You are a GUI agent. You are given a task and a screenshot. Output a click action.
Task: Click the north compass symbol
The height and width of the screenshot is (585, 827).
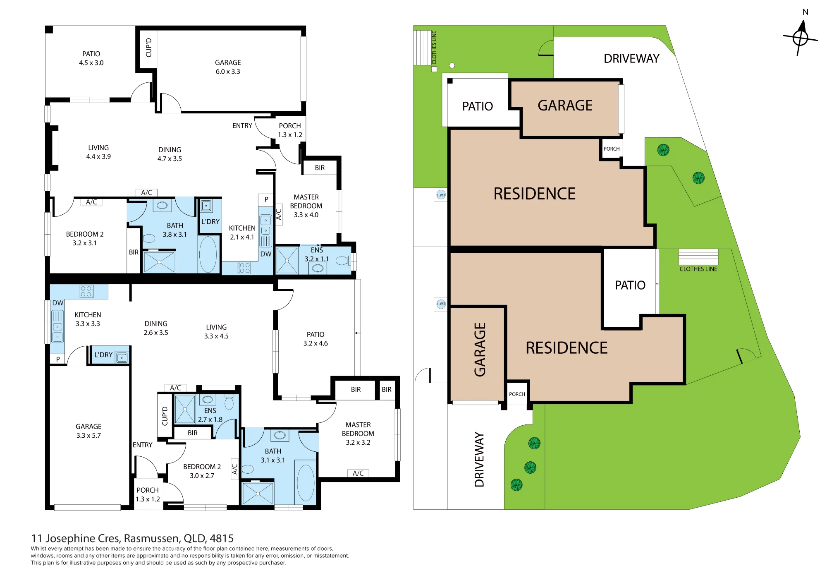coord(801,38)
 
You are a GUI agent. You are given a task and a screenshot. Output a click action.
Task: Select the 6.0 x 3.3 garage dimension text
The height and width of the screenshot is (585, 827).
coord(228,72)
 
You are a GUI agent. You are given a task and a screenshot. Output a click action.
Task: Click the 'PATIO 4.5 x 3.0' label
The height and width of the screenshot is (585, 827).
coord(91,58)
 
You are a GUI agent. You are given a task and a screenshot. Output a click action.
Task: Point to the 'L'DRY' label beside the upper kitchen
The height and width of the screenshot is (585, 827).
coord(210,222)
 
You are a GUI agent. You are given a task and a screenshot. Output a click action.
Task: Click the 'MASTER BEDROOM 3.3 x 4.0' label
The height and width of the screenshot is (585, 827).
coord(306,206)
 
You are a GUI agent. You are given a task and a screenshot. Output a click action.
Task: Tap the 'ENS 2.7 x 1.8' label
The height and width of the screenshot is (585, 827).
coord(210,415)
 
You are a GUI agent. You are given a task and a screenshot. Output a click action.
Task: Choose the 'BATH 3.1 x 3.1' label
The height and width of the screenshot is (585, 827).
coord(273,456)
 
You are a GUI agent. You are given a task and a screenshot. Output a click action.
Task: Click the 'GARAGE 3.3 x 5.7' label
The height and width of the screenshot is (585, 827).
coord(88,431)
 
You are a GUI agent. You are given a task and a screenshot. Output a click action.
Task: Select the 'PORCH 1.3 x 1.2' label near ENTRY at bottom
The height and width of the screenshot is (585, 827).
coord(148,494)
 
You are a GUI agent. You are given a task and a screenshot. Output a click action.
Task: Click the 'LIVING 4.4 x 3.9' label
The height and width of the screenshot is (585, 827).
coord(98,152)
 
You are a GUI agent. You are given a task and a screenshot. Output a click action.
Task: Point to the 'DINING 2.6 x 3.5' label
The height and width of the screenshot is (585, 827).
coord(156,328)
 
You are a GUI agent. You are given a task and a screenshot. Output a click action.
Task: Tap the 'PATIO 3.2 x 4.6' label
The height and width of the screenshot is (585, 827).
coord(316,339)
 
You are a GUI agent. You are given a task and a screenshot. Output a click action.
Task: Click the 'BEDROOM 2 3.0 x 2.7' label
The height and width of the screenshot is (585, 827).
coord(202,471)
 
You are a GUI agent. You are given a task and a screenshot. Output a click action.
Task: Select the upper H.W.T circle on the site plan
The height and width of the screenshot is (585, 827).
coord(441,195)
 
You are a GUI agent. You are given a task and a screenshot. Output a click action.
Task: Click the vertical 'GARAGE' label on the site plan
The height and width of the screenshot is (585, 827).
coord(480,350)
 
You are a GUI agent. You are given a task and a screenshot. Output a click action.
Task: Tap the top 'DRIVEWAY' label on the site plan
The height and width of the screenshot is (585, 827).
coord(631,59)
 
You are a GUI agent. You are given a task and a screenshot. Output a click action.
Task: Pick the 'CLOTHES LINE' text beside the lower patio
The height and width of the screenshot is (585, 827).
coord(698,269)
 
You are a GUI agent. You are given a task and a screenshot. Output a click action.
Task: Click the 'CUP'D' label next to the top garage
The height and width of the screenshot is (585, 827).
coord(149,48)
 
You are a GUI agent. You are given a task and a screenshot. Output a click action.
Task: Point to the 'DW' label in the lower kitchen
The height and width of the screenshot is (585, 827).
coord(58,303)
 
